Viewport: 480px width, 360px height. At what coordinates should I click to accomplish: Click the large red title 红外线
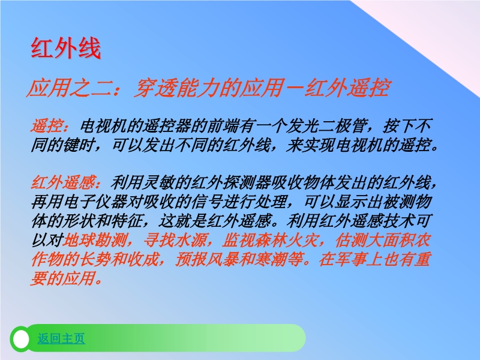[x=65, y=48]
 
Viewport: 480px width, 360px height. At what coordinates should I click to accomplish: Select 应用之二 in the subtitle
[x=68, y=88]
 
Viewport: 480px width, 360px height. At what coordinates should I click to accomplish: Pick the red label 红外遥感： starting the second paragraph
[x=67, y=183]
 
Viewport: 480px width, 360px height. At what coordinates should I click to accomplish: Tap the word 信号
[x=207, y=202]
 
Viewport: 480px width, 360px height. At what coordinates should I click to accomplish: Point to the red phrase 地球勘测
[x=95, y=239]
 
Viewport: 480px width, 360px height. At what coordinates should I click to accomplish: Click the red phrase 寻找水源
[x=175, y=239]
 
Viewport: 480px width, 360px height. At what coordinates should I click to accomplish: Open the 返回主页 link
[x=61, y=338]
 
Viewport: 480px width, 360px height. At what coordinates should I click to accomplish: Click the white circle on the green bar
[x=21, y=339]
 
